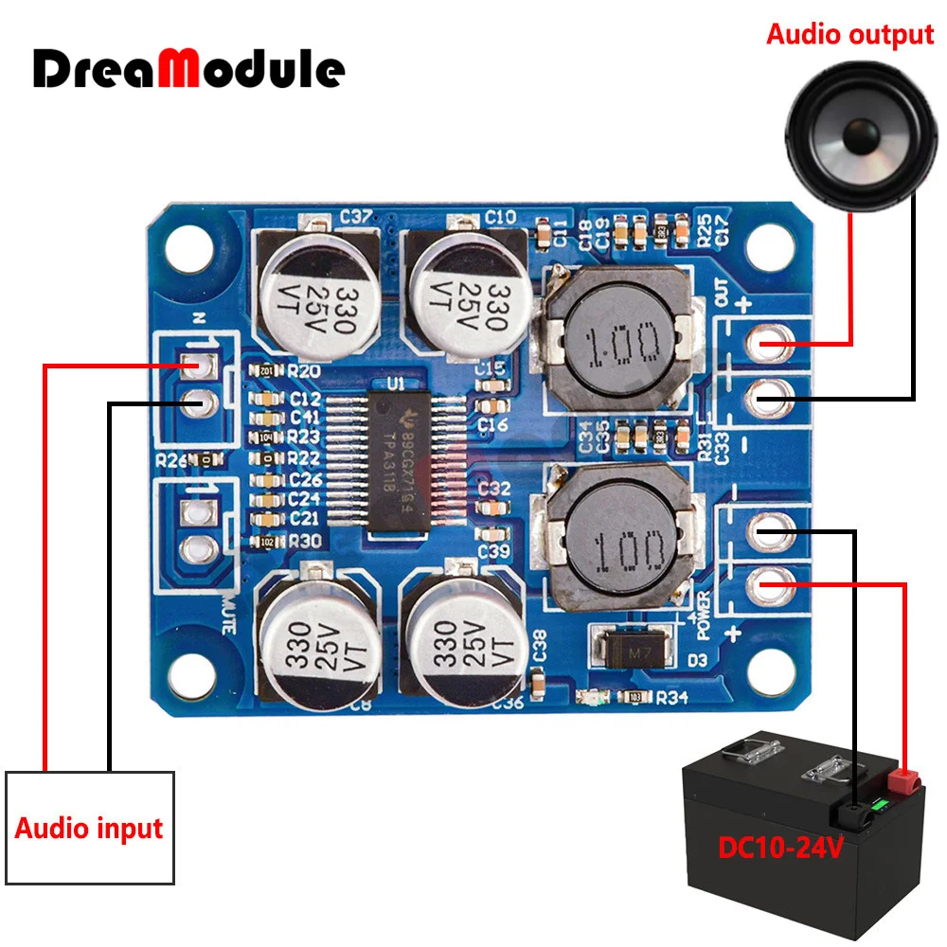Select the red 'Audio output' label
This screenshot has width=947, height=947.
point(849,35)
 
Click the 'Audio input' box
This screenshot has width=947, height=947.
point(90,827)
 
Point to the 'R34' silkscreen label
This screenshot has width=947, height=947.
point(671,698)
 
